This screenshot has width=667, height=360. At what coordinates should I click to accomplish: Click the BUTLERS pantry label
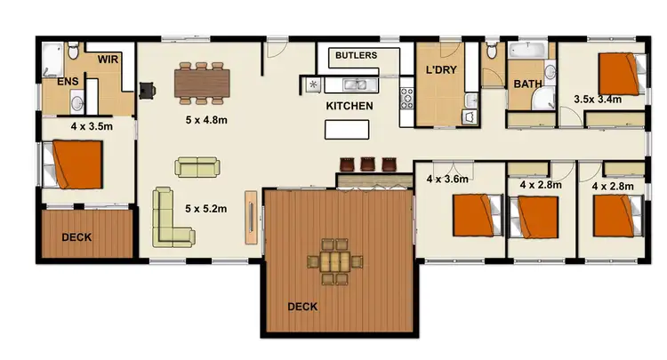356,55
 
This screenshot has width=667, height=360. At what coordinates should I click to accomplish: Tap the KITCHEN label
350,106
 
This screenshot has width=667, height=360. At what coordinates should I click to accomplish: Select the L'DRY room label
441,70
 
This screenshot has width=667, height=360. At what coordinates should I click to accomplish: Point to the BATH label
527,84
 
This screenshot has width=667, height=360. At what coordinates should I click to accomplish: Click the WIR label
108,60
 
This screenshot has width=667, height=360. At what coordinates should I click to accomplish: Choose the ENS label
68,82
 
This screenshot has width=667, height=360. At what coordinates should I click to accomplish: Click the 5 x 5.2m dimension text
205,209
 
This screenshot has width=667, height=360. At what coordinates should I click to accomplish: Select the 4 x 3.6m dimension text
447,179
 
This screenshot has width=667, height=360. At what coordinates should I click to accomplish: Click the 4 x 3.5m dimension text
92,126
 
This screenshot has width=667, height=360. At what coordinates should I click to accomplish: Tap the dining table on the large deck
336,261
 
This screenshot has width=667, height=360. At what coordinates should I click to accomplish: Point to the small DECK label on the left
78,237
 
